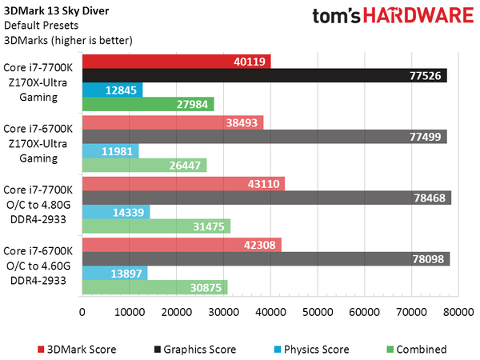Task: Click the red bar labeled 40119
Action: pyautogui.click(x=176, y=62)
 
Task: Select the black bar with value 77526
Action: pyautogui.click(x=264, y=76)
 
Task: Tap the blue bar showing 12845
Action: pyautogui.click(x=112, y=90)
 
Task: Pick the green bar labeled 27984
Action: pyautogui.click(x=148, y=104)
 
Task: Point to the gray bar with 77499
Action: pyautogui.click(x=264, y=137)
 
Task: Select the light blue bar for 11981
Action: pyautogui.click(x=110, y=150)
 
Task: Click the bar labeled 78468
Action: pyautogui.click(x=266, y=198)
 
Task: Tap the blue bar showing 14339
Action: pyautogui.click(x=116, y=212)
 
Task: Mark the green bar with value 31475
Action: pyautogui.click(x=156, y=226)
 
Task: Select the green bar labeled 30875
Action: pyautogui.click(x=154, y=287)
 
